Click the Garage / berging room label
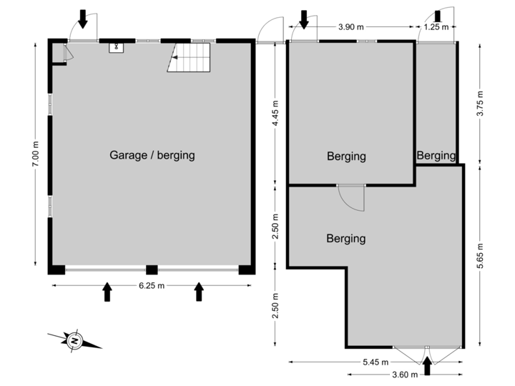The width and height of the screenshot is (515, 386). coord(152,154)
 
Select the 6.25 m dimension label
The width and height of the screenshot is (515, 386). coord(152,286)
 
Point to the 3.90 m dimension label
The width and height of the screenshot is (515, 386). coord(350,27)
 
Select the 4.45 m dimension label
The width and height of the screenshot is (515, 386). coord(275,112)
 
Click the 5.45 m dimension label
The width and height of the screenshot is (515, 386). coord(375,362)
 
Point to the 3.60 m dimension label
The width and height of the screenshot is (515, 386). coord(403,374)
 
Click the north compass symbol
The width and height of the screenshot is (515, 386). coord(74,341)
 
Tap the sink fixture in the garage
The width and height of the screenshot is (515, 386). coord(117,47)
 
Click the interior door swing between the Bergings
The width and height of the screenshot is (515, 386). coord(350,198)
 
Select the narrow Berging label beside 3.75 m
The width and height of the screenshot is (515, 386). coord(436,155)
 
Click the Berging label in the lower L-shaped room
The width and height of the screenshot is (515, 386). coord(346,238)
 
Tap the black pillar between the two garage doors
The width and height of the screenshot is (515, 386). coord(152,270)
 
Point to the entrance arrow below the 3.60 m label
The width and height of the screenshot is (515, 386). coord(428,367)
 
